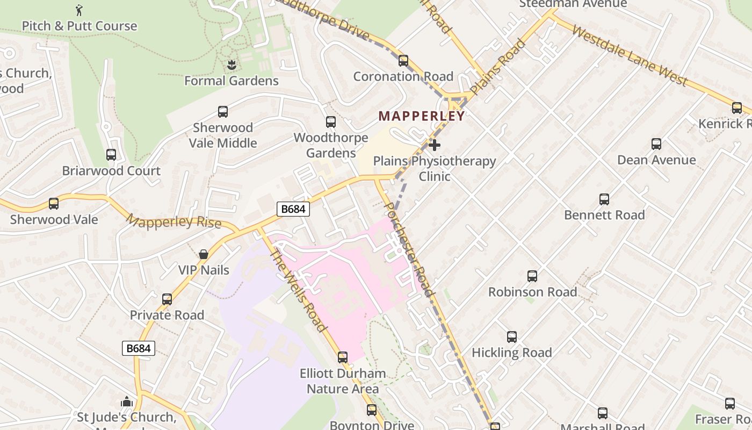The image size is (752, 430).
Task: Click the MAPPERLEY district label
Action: tap(422, 116)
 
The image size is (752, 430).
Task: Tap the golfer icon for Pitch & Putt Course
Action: tap(79, 10)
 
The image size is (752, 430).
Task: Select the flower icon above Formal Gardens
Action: tap(232, 65)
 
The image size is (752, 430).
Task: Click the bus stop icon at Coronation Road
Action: tap(403, 60)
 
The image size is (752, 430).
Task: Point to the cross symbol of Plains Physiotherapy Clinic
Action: tap(435, 145)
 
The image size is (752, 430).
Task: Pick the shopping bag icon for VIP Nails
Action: tap(204, 254)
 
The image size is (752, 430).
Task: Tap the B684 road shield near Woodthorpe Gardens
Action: tap(293, 209)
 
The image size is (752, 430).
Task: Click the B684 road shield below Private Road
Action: tap(139, 348)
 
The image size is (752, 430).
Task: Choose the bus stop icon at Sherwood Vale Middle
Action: tap(223, 112)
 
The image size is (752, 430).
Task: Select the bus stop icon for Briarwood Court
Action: tap(111, 155)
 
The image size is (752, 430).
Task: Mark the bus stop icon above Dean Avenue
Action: tap(656, 144)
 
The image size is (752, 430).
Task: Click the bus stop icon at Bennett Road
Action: tap(604, 199)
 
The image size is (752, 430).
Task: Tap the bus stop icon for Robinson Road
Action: tap(532, 276)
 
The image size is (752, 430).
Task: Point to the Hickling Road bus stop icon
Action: tap(512, 337)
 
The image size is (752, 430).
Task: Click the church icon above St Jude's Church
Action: tap(127, 402)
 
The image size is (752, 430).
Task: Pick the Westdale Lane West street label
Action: tap(629, 55)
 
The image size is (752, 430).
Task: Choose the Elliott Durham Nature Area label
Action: tap(343, 381)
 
